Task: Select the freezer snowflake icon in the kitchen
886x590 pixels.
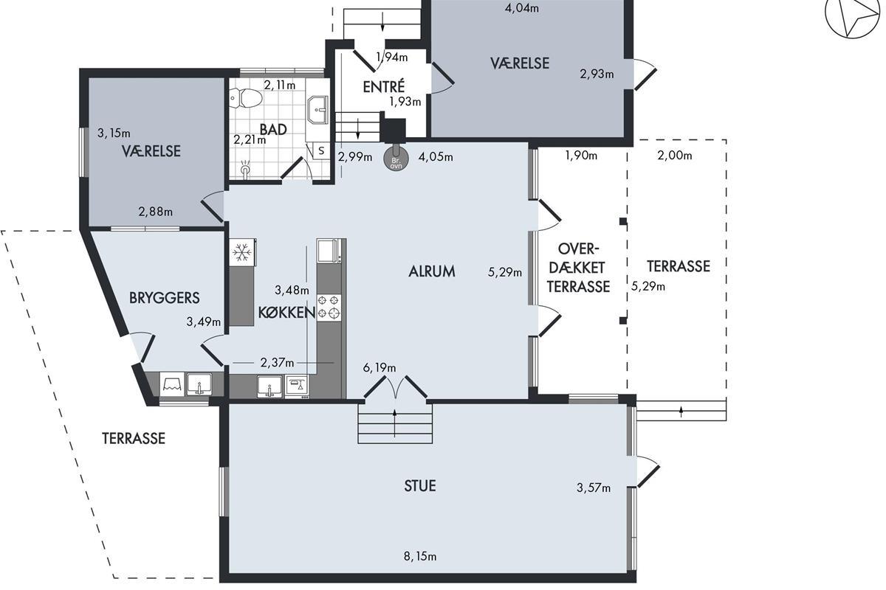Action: coord(241,252)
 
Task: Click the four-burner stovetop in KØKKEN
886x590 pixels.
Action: coord(329,307)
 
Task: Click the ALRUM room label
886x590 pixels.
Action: coord(431,271)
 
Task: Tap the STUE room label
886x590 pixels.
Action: coord(420,486)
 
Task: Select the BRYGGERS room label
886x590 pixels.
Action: coord(165,297)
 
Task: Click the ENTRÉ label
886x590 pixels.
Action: coord(384,86)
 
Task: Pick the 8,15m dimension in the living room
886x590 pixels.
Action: coord(420,556)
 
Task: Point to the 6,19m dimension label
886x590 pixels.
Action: coord(380,368)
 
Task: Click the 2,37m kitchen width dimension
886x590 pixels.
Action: coord(277,362)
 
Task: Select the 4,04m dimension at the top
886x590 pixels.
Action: coord(522,8)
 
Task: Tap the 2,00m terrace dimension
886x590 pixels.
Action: coord(675,156)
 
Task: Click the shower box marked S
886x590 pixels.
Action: coord(321,150)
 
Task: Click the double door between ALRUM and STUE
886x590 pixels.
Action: coord(395,387)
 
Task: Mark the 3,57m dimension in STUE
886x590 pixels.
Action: coord(594,488)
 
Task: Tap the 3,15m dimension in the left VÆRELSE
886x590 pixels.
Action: coord(114,133)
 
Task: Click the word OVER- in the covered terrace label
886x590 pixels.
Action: coord(579,249)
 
